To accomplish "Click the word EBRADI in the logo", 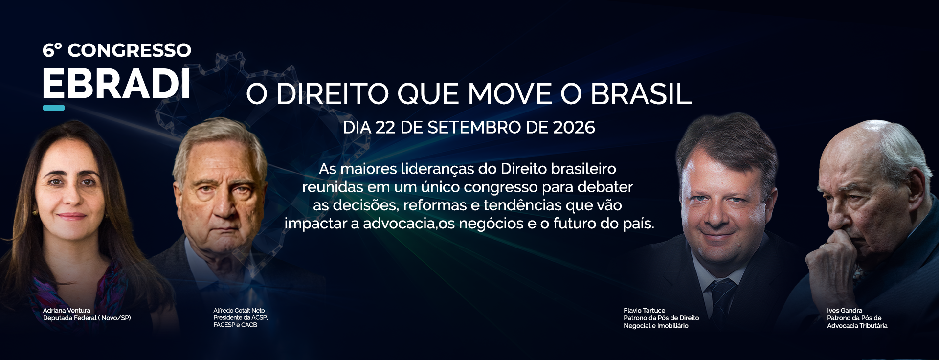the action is (x=116, y=84).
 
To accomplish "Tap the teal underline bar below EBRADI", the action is (x=54, y=108).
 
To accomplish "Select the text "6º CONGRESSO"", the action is (x=117, y=50).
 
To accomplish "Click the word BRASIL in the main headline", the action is (x=641, y=94).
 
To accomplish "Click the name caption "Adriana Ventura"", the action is (x=67, y=311).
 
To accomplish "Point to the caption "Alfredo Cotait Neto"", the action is (x=239, y=311).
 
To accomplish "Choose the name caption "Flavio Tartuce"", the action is (x=645, y=311).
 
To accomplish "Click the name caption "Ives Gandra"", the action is (x=845, y=311).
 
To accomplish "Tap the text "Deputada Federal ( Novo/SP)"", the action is (x=87, y=318).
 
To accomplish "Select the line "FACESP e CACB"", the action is (x=235, y=325).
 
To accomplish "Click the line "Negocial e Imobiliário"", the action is (x=656, y=326).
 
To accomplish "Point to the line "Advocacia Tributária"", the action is (x=857, y=326).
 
